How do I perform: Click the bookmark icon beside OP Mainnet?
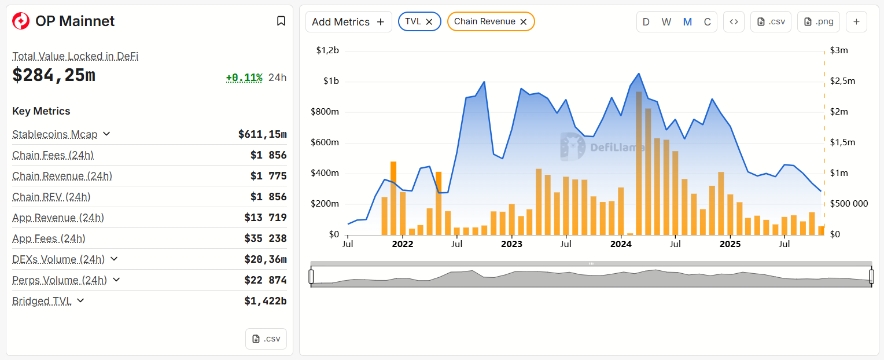click(x=281, y=21)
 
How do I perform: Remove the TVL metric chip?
click(x=429, y=21)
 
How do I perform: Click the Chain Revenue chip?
click(x=484, y=21)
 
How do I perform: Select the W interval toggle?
click(x=666, y=22)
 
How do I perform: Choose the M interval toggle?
click(x=687, y=22)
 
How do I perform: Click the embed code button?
click(x=734, y=22)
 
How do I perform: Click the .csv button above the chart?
click(x=771, y=22)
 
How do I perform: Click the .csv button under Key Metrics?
click(x=266, y=339)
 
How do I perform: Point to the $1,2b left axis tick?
click(x=327, y=50)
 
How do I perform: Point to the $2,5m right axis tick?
click(x=842, y=81)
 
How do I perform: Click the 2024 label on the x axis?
click(x=621, y=244)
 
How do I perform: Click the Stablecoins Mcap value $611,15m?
click(x=262, y=134)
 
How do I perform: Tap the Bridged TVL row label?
click(x=42, y=301)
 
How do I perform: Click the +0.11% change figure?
click(x=244, y=78)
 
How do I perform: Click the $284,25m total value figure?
click(x=54, y=75)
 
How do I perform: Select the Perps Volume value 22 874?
click(x=265, y=280)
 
